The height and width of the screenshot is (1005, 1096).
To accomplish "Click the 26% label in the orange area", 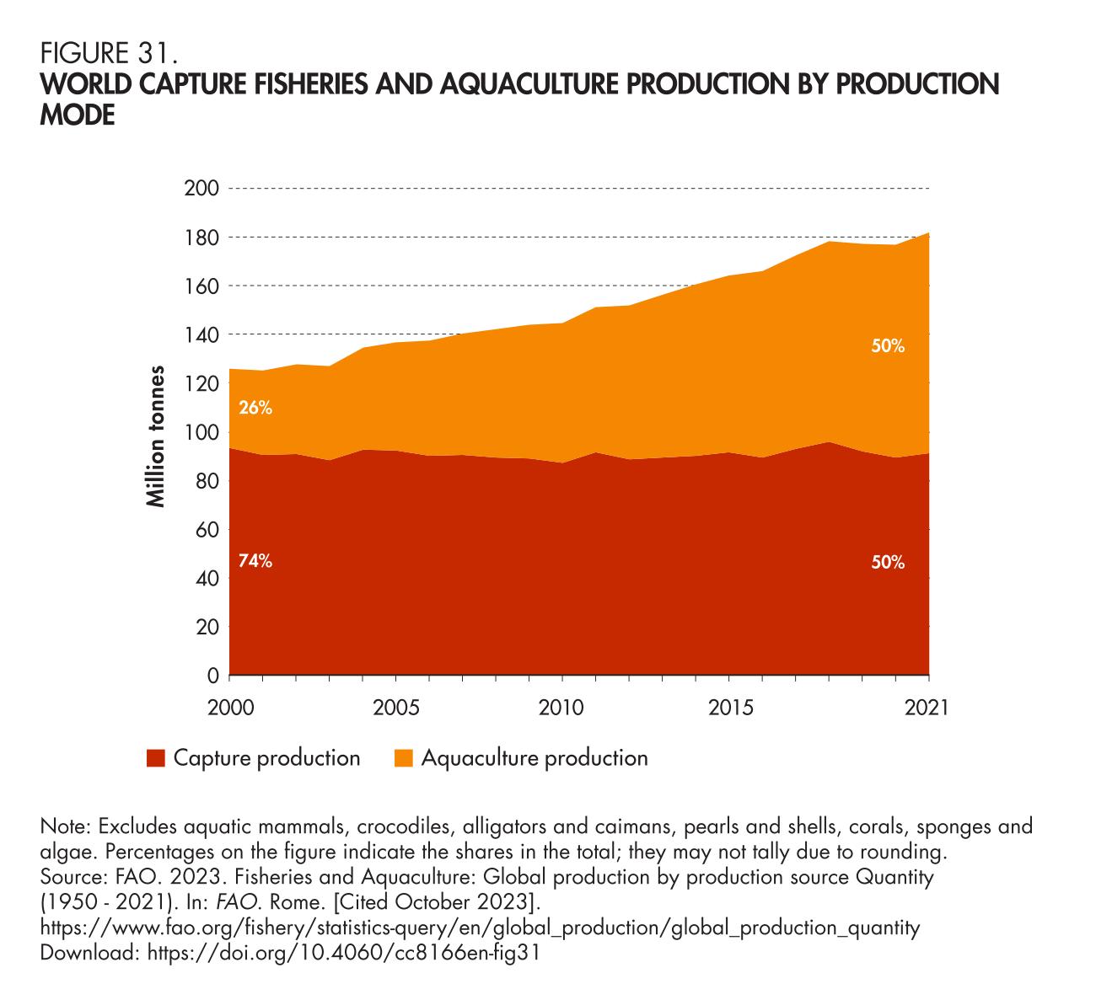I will [x=255, y=409].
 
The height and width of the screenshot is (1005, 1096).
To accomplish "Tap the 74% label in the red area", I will [x=255, y=562].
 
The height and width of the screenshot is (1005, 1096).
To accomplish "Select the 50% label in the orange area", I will [x=888, y=346].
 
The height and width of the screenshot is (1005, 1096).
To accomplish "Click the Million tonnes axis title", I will [x=156, y=436].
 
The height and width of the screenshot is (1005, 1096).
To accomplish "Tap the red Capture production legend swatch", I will [x=155, y=758].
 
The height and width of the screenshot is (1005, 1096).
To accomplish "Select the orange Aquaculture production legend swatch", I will [x=404, y=758].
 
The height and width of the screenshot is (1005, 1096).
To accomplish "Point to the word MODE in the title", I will [x=78, y=116].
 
